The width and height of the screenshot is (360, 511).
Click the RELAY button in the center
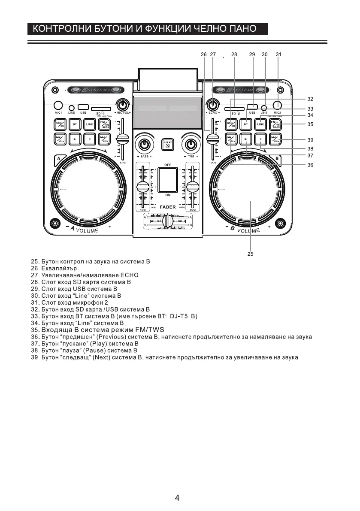click(x=168, y=145)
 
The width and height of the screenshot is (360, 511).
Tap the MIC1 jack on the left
click(x=58, y=105)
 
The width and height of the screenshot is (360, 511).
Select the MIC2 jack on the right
click(x=278, y=105)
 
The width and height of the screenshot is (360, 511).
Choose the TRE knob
click(x=191, y=144)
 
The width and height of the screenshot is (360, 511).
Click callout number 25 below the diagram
click(x=250, y=254)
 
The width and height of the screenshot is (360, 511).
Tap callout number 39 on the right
click(x=310, y=140)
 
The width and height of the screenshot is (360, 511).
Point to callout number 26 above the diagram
click(x=203, y=54)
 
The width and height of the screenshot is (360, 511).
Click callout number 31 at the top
click(x=278, y=54)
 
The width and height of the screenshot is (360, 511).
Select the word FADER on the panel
click(x=168, y=207)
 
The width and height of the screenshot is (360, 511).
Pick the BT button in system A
click(x=75, y=124)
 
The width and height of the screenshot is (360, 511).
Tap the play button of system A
click(x=75, y=139)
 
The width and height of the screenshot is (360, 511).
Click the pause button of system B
click(x=260, y=139)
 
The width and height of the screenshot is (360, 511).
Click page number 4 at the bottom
click(x=177, y=498)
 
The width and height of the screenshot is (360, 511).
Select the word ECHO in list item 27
click(x=129, y=275)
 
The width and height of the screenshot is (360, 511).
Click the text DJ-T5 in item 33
click(x=179, y=316)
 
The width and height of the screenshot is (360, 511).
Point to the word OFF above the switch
click(x=168, y=165)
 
